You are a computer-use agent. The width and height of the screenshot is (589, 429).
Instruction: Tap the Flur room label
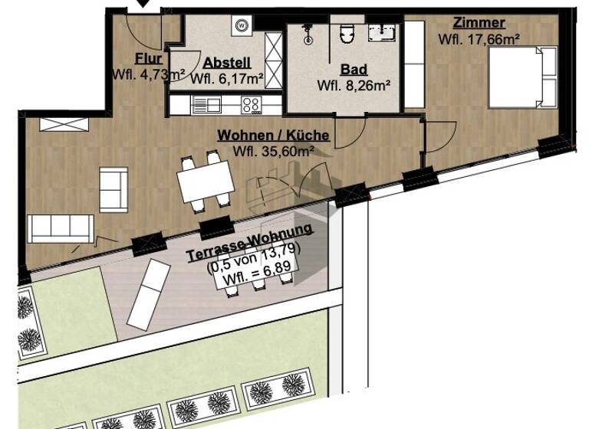point(148,59)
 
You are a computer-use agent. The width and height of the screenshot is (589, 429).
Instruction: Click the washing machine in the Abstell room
point(242,25)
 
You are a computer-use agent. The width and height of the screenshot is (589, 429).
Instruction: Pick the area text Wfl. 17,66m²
point(479,38)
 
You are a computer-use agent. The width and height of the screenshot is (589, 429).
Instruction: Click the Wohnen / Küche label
point(274,136)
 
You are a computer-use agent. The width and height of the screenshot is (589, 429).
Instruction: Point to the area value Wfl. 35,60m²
point(274,151)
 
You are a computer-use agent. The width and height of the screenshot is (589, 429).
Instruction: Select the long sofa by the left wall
point(61,228)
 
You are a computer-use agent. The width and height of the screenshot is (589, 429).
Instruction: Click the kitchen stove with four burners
point(251,103)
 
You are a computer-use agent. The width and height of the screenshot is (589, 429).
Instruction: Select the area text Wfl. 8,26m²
point(354,86)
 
